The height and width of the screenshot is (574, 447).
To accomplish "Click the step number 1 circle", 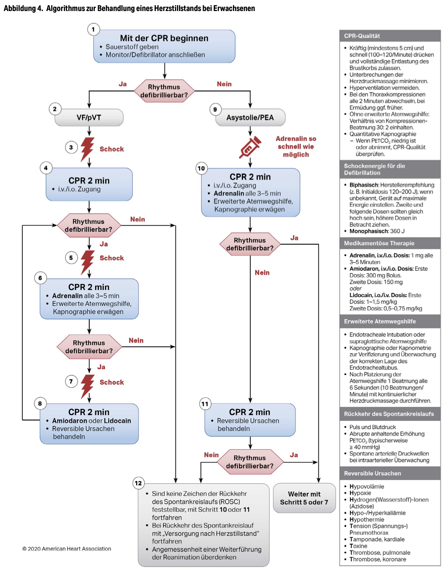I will [x=93, y=29].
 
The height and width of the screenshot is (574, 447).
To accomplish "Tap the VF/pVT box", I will [x=89, y=117].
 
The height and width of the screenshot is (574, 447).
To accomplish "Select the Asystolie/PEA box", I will [x=250, y=117].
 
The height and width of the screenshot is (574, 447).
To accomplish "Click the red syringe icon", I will [x=250, y=147].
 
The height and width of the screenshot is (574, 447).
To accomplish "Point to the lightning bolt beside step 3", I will [x=88, y=149].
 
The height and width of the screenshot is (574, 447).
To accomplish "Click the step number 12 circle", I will [x=138, y=483].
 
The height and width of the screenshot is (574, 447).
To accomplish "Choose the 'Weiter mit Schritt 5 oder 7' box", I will [x=304, y=498].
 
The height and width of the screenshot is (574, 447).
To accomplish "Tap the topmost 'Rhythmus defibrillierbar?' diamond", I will [x=164, y=91].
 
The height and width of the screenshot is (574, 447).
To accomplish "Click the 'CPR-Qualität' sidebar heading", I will [x=362, y=36].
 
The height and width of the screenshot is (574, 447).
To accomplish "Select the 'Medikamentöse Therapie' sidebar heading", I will [x=379, y=243].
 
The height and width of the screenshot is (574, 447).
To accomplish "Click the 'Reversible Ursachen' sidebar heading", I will [x=372, y=473].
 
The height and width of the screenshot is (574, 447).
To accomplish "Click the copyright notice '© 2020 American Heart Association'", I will [x=67, y=548].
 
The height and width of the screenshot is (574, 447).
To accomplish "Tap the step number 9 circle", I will [x=215, y=110].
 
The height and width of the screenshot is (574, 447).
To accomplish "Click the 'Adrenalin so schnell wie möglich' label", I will [x=296, y=147].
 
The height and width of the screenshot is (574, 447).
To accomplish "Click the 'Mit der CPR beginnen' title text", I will [x=164, y=38].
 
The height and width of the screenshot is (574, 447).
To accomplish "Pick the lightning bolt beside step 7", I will [x=88, y=386].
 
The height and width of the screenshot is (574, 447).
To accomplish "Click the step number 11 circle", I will [x=205, y=404].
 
